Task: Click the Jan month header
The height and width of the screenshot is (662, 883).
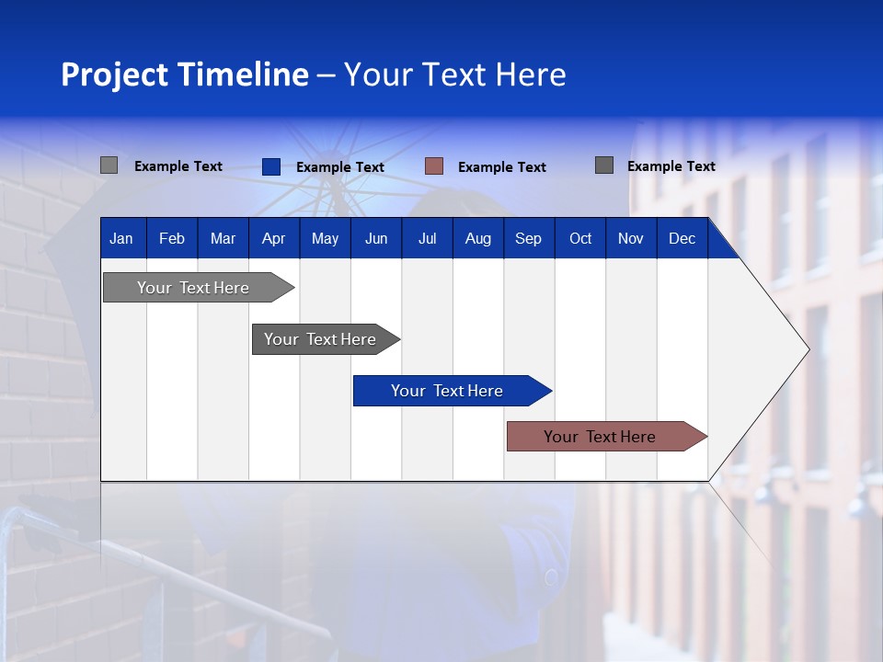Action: coord(121,238)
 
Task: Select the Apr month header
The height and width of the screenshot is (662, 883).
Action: coord(273,238)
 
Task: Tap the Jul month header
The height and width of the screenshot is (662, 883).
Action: coord(427,238)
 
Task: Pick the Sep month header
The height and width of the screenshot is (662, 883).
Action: coord(528,238)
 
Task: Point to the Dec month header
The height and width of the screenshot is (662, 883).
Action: coord(682,238)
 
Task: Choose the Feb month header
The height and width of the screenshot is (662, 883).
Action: coord(172,238)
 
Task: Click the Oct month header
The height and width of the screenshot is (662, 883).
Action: coord(580,238)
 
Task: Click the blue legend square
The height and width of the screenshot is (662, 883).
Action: coord(271,166)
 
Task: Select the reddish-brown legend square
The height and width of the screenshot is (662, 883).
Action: coord(434,166)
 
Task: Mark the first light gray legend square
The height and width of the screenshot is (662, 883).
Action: coord(109,165)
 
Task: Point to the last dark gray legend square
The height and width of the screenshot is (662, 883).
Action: coord(604,165)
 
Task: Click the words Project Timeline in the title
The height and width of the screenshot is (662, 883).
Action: coord(184,74)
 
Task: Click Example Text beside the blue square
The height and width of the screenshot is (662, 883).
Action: coord(340,167)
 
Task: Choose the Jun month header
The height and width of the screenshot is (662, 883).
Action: coord(376,238)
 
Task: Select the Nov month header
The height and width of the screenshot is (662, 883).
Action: coord(631,238)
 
